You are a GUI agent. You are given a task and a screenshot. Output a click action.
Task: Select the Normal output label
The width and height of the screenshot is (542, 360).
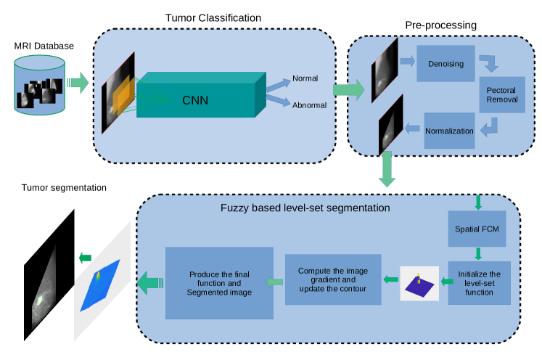pyautogui.click(x=305, y=78)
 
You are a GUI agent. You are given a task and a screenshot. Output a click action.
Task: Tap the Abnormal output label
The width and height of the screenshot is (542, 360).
pyautogui.click(x=309, y=105)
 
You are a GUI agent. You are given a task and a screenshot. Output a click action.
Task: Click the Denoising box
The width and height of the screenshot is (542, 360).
pyautogui.click(x=445, y=64)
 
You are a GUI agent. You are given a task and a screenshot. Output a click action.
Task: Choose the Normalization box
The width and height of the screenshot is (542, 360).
pyautogui.click(x=449, y=131)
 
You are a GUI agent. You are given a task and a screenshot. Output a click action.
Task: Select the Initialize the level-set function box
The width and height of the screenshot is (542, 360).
pyautogui.click(x=479, y=282)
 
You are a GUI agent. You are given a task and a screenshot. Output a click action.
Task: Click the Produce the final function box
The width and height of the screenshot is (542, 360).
pyautogui.click(x=219, y=282)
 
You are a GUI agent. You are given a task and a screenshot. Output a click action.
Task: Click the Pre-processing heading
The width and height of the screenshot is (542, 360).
pyautogui.click(x=440, y=25)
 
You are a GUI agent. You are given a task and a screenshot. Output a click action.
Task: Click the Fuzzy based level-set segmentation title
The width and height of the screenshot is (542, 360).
pyautogui.click(x=305, y=208)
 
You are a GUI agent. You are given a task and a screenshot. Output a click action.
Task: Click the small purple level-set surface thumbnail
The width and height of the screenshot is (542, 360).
pyautogui.click(x=419, y=285)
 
